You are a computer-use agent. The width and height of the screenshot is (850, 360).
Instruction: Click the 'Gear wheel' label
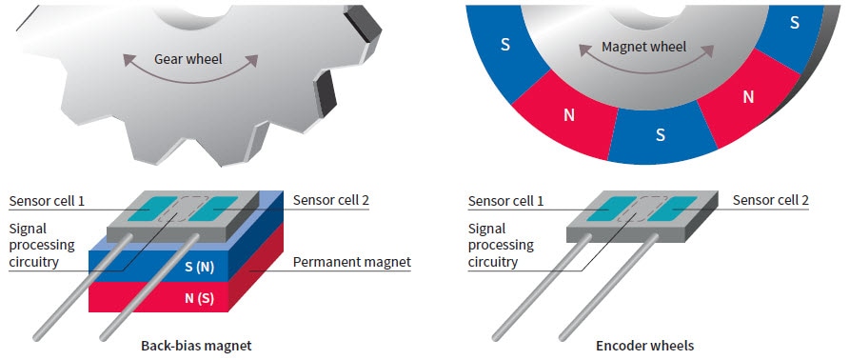[188, 59]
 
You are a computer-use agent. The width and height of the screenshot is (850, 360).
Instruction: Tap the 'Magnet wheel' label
[643, 47]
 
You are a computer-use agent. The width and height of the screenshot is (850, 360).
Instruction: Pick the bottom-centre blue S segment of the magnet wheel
[660, 133]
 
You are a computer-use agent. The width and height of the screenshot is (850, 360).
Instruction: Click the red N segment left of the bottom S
[569, 114]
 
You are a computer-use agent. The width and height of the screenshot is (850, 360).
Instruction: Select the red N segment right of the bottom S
[747, 96]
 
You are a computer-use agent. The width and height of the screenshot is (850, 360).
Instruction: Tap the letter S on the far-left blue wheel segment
[504, 44]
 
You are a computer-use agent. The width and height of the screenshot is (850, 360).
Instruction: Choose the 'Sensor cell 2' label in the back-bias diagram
[331, 200]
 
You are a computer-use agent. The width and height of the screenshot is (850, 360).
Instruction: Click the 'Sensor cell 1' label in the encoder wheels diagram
[507, 201]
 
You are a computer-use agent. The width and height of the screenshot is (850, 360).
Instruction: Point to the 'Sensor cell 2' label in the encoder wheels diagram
[771, 200]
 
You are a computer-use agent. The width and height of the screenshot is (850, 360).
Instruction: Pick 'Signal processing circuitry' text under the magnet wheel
[502, 245]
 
